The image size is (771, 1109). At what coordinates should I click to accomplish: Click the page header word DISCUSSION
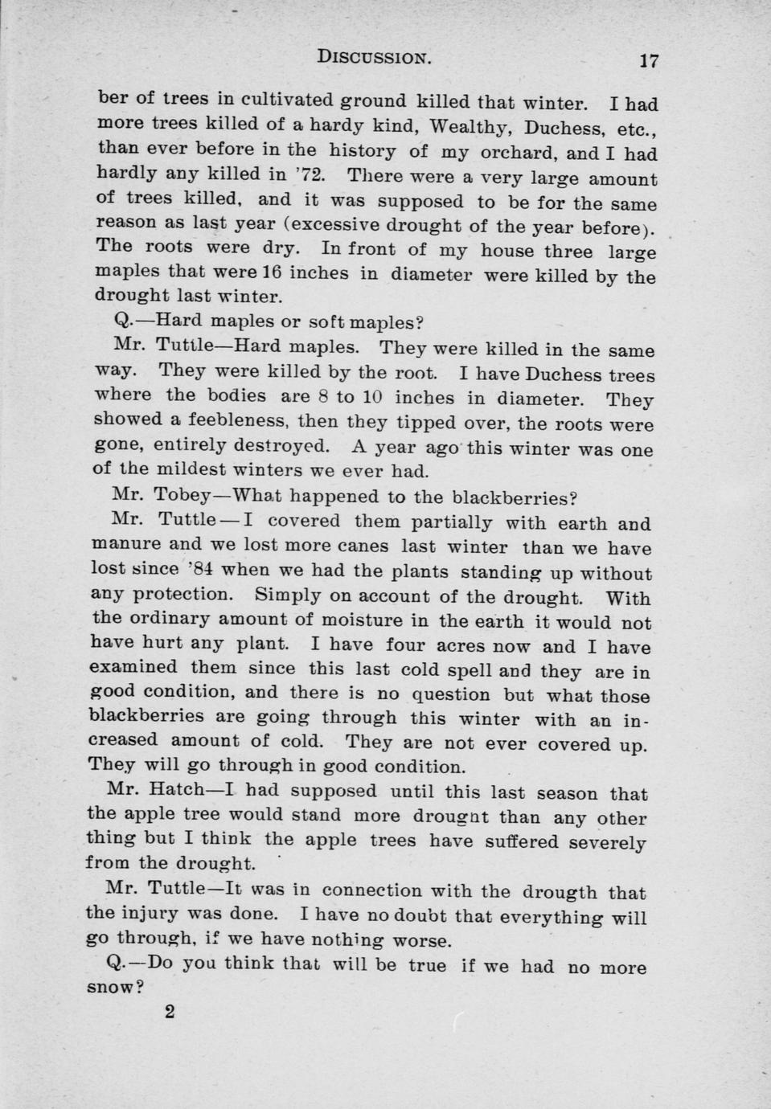(375, 56)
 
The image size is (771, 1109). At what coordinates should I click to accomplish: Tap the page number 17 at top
(649, 60)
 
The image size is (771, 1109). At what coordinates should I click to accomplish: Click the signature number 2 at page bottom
(169, 1011)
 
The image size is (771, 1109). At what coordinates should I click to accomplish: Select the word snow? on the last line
(114, 986)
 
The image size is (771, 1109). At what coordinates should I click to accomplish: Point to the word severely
(607, 843)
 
